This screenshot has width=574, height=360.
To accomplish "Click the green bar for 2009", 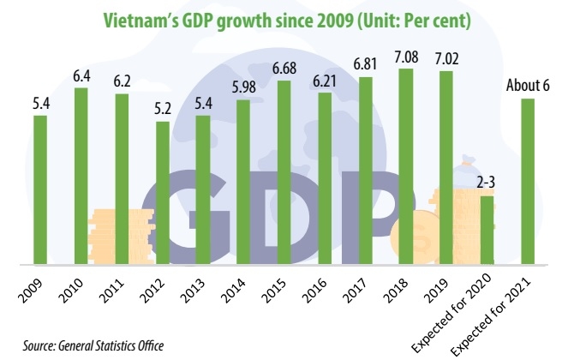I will point(40,189).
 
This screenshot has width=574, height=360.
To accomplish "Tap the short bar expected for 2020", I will point(487,229).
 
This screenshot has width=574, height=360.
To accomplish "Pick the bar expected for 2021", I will point(528,180).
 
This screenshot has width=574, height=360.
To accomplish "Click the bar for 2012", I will point(162,192).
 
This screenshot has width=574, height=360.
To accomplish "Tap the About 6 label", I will point(528,88).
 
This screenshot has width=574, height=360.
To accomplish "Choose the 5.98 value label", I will point(243,89).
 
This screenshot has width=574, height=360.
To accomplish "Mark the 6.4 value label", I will point(81,76).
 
